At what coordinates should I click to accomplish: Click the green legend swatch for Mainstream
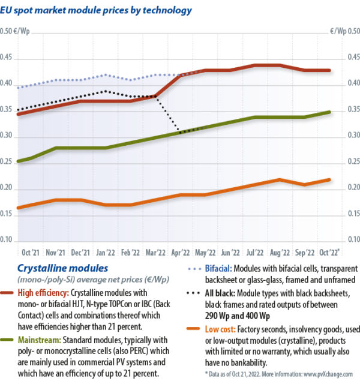point(10,340)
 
